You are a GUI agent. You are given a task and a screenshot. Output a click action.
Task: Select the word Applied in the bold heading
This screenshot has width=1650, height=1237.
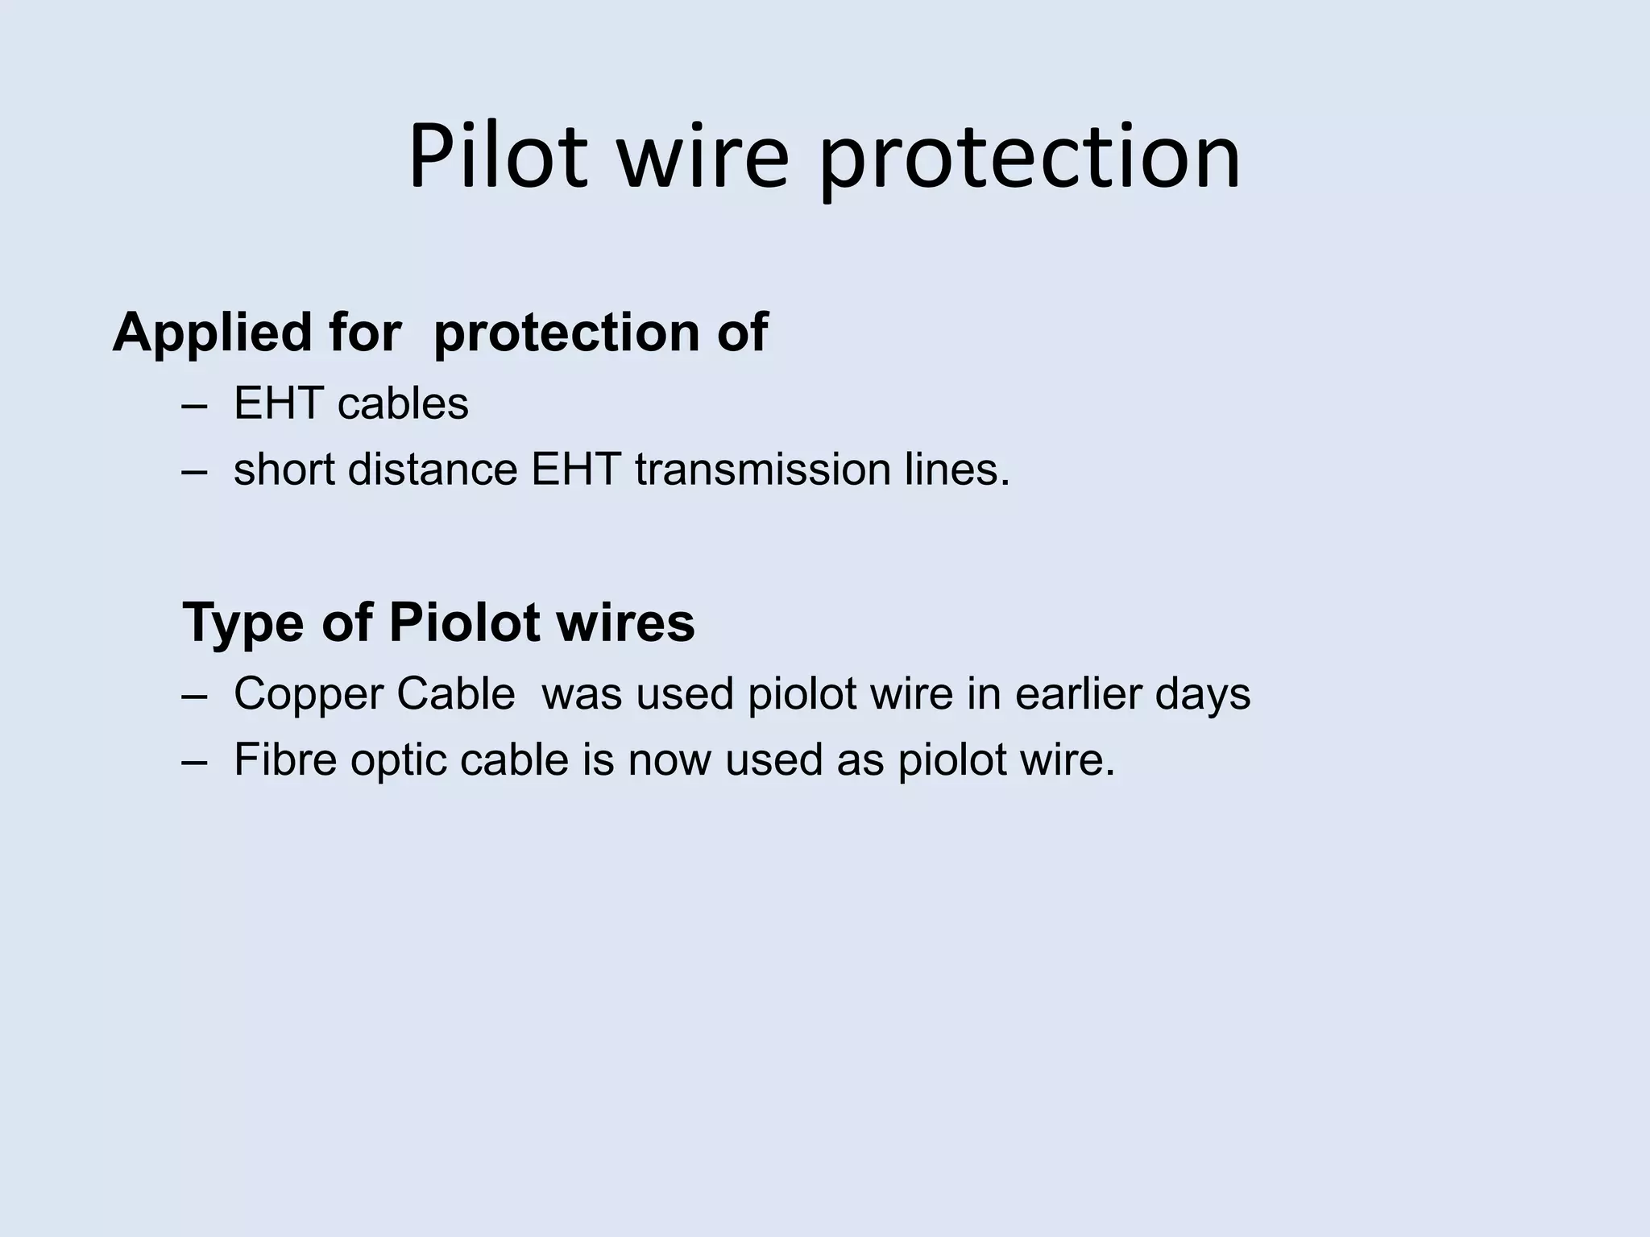tap(212, 333)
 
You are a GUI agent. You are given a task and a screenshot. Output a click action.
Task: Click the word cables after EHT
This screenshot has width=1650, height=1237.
tap(403, 403)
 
